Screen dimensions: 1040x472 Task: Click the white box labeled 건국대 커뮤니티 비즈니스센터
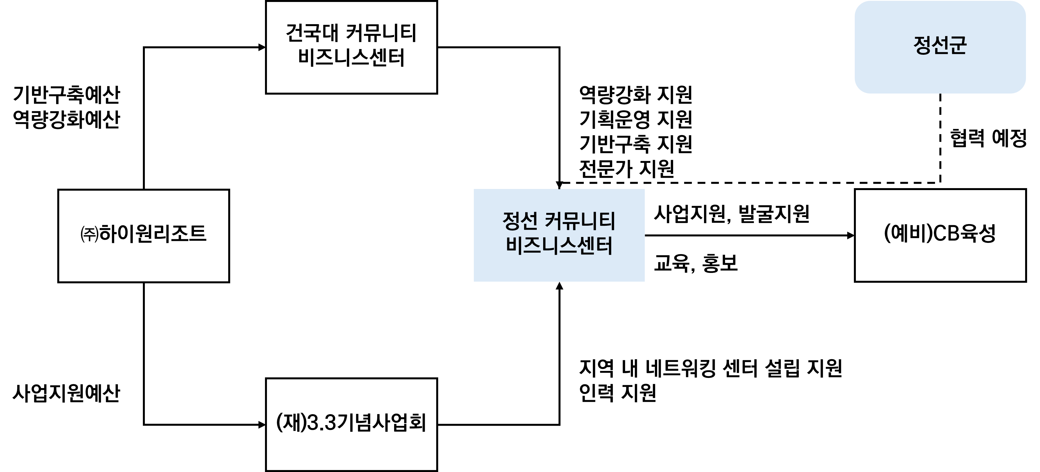351,47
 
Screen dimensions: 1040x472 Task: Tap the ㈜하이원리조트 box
143,236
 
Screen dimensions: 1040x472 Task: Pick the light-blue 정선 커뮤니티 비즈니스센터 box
559,235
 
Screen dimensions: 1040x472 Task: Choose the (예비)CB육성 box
940,235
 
